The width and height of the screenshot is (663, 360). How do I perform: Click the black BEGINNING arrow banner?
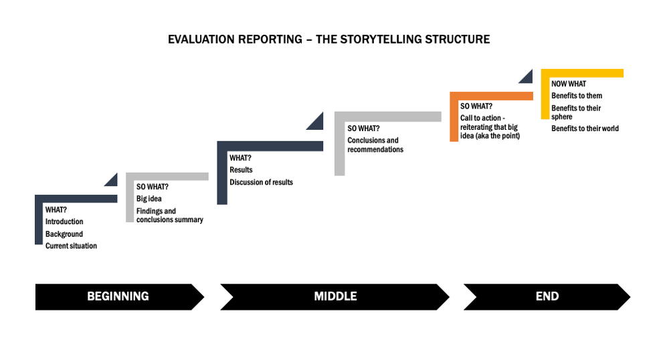(119, 296)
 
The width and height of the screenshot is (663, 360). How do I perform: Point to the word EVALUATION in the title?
(201, 39)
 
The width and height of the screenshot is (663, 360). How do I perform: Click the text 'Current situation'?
(71, 246)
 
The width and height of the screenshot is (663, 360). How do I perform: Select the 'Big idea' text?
(149, 199)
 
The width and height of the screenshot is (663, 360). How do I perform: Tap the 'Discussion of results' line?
(262, 182)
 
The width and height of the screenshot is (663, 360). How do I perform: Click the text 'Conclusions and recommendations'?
(375, 145)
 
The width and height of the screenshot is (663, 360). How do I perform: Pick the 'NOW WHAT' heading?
(569, 84)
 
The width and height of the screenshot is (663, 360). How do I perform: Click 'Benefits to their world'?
(585, 128)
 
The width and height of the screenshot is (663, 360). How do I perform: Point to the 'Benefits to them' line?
(577, 96)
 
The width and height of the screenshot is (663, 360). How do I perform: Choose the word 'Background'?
(64, 234)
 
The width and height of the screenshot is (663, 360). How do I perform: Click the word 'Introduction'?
(64, 221)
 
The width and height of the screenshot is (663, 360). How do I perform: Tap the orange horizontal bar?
(491, 96)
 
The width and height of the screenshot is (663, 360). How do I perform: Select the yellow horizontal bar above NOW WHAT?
(582, 73)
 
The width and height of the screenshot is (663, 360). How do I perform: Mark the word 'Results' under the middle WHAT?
(241, 170)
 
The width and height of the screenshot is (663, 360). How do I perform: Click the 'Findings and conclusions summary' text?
(169, 215)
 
